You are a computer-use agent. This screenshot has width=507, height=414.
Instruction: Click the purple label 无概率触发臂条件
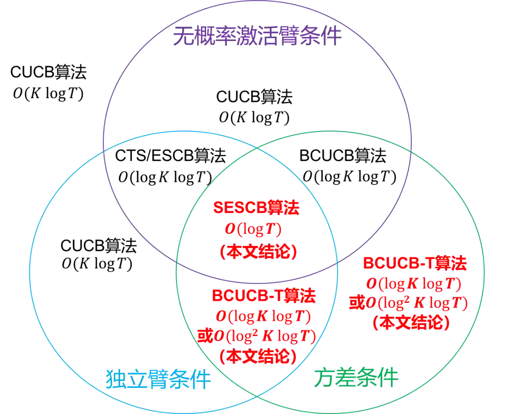coord(257,37)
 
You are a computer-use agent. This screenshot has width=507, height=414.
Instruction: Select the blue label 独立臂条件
coord(157,378)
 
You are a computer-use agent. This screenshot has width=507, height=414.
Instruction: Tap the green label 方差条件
coord(356,377)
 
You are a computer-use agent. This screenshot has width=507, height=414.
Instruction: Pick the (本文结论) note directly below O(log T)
coord(258,253)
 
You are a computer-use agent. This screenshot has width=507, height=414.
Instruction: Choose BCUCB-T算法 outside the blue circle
coord(415,263)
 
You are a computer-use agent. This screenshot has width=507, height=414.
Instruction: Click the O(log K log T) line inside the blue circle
coord(263,316)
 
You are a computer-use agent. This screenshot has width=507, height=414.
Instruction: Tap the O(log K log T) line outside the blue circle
coord(414,284)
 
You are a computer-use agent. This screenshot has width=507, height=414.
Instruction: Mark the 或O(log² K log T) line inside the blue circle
coord(255,336)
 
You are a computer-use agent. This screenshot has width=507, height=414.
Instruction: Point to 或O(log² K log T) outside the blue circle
coord(409,303)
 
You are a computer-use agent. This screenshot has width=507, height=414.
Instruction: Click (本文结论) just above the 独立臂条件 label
coord(258,357)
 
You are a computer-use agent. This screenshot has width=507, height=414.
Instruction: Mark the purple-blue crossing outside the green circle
coord(103,152)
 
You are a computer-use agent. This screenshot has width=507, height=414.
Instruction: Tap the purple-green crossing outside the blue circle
coord(412,151)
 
